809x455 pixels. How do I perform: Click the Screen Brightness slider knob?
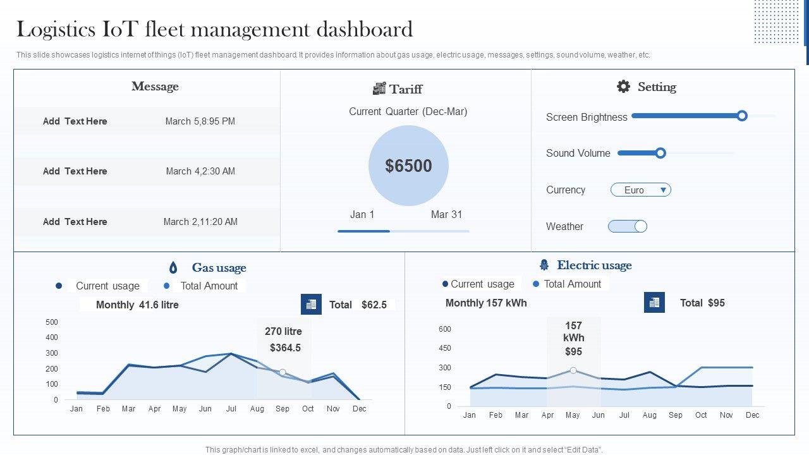coord(742,116)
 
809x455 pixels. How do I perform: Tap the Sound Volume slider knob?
coord(660,153)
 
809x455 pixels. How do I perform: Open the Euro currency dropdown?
coord(640,190)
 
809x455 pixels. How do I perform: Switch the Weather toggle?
coord(628,226)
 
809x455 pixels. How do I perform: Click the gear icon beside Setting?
coord(623,87)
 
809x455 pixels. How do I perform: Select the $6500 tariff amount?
coord(408,166)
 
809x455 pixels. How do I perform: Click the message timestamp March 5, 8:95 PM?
coord(200,121)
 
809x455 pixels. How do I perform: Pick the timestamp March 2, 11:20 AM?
coord(200,222)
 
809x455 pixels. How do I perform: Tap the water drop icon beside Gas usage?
coord(173,267)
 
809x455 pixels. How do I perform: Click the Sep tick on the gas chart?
coord(283,409)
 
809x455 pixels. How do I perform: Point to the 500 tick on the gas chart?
coord(52,322)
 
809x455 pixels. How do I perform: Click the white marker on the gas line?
coord(283,372)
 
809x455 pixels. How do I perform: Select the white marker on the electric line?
coord(573,370)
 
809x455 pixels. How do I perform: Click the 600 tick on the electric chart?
coord(444,329)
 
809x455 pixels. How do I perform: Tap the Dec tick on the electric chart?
coord(752,415)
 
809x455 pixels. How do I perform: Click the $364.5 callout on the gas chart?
coord(285,348)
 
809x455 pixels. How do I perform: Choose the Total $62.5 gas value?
coord(374,305)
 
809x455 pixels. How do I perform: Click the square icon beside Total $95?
coord(654,302)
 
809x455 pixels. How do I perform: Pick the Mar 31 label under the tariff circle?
coord(446,215)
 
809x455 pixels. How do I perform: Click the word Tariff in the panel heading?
coord(406,89)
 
